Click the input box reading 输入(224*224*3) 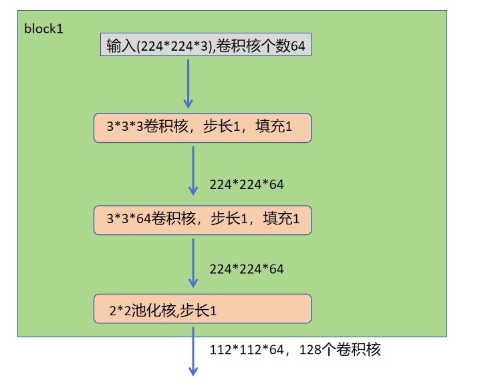(x=205, y=45)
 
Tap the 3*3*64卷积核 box (x=203, y=220)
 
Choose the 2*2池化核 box (x=203, y=309)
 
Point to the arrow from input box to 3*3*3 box (x=188, y=83)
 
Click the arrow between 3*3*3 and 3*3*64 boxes (x=193, y=170)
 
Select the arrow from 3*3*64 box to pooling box (x=193, y=262)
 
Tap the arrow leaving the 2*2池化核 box (x=193, y=350)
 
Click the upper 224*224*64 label (x=247, y=184)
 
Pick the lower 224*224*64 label (x=247, y=269)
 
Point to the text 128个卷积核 (x=342, y=350)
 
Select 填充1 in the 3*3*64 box (x=281, y=219)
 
